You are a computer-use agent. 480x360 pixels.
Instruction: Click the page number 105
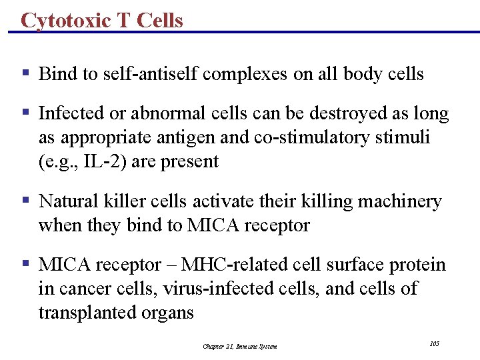point(435,343)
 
